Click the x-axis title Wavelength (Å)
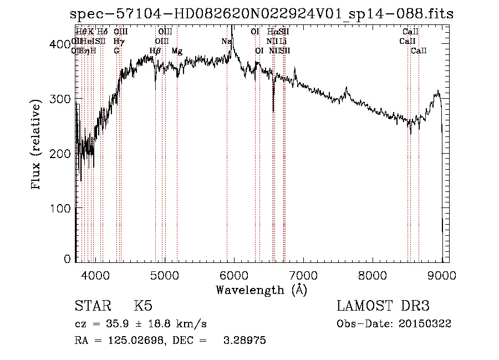point(261,290)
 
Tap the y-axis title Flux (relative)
point(37,146)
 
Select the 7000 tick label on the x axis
point(303,275)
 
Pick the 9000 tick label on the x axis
point(442,275)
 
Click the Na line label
point(226,42)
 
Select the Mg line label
point(177,51)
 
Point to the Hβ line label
point(155,51)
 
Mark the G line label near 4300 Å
point(116,51)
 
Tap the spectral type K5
point(143,307)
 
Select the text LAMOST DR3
point(383,307)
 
